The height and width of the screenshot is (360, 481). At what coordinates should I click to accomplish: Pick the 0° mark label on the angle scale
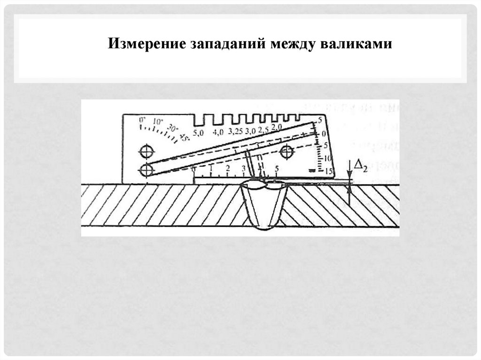142,121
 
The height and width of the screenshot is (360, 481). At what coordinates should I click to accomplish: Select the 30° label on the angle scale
172,128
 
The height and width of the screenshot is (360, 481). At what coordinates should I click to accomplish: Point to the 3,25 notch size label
235,132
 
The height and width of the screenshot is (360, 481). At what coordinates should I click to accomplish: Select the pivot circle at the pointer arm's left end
147,169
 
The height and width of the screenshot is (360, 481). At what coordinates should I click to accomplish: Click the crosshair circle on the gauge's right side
286,152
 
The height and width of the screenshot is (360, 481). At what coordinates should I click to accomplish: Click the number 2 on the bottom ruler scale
228,168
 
